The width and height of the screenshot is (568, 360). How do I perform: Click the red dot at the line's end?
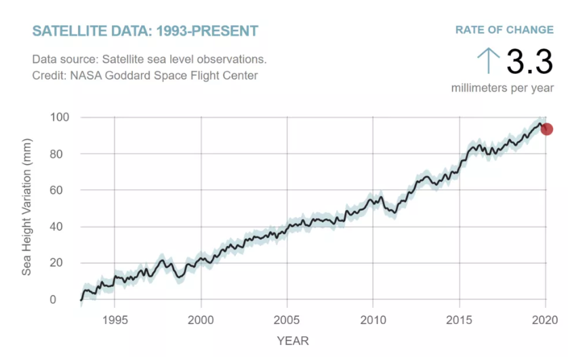(546, 129)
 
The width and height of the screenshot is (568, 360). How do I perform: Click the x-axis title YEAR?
(292, 340)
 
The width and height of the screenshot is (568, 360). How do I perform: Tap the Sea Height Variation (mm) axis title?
(27, 213)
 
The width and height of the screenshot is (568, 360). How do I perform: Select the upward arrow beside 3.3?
(488, 62)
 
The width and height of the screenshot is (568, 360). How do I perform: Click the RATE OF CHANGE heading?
(504, 30)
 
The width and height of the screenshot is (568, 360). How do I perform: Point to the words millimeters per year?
(502, 89)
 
